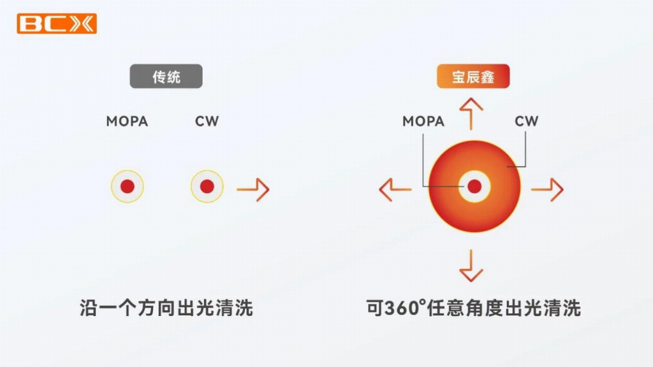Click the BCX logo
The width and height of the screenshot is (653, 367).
[57, 24]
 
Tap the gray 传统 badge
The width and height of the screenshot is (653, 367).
[166, 77]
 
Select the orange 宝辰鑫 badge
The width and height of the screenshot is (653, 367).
[473, 77]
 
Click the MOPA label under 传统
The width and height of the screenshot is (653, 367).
[127, 121]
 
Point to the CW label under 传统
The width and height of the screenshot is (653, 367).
[207, 121]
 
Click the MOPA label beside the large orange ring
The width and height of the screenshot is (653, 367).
[423, 121]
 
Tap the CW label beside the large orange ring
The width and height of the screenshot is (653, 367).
[527, 121]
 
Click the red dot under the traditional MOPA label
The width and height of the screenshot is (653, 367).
[128, 187]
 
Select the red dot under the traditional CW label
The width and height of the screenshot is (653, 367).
[207, 187]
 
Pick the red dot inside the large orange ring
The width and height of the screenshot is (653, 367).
[474, 186]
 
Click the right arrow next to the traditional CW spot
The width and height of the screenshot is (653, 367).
[253, 189]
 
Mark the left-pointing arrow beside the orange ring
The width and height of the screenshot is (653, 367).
[395, 189]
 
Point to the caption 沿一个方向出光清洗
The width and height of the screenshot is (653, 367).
[166, 308]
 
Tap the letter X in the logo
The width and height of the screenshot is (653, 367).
[83, 24]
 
